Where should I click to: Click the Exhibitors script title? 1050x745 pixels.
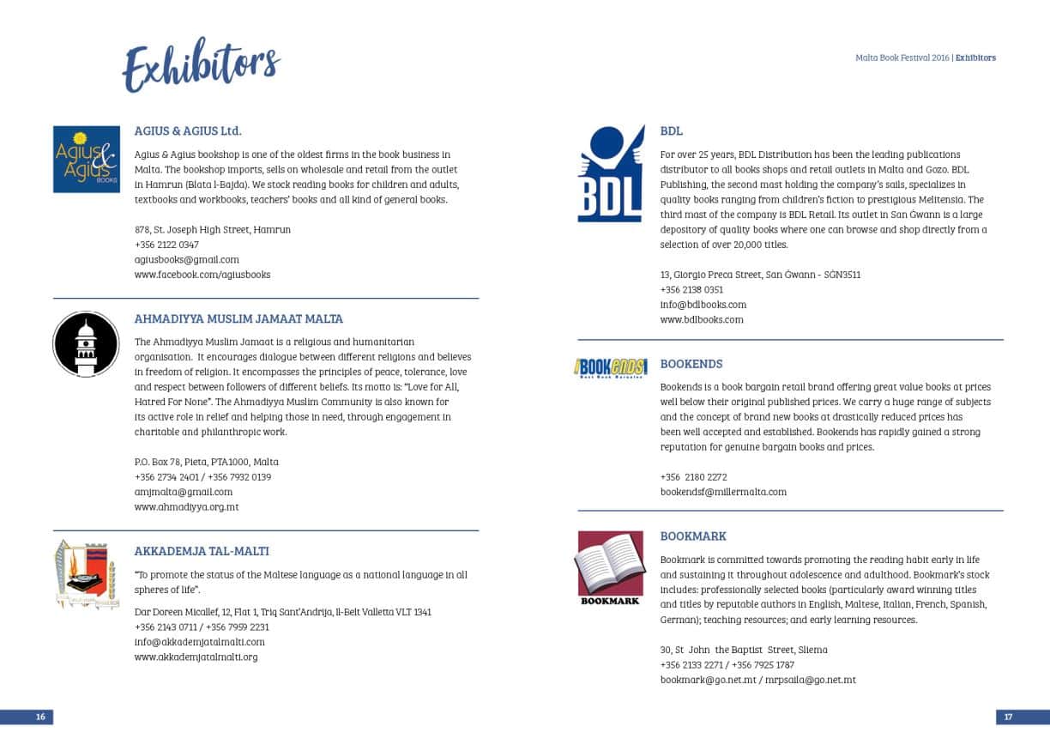(x=202, y=64)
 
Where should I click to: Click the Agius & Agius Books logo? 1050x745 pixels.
(x=87, y=159)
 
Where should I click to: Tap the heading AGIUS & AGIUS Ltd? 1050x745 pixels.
(x=188, y=131)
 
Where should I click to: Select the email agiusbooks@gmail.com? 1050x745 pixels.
(x=187, y=259)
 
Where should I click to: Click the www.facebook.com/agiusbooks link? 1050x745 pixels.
(x=202, y=275)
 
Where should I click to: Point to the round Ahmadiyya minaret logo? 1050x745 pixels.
(x=86, y=344)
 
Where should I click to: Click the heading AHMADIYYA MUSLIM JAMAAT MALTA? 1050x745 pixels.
(x=238, y=318)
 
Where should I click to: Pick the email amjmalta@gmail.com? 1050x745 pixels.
(x=184, y=492)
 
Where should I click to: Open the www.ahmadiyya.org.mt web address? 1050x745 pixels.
(x=186, y=507)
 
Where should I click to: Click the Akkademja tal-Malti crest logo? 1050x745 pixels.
(x=85, y=574)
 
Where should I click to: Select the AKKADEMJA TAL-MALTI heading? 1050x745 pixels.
(x=202, y=551)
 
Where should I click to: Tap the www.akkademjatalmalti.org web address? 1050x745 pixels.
(x=196, y=657)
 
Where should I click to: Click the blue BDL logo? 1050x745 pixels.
(x=611, y=174)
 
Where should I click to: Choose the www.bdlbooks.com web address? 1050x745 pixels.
(x=702, y=320)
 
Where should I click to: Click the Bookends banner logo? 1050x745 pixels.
(x=611, y=367)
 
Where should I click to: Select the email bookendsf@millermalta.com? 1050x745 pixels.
(x=723, y=493)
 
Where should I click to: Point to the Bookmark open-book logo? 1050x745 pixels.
(x=610, y=567)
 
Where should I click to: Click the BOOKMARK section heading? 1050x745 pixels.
(x=693, y=536)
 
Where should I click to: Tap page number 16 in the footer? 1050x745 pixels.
(x=39, y=718)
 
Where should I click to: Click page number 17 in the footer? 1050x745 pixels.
(x=1009, y=718)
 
